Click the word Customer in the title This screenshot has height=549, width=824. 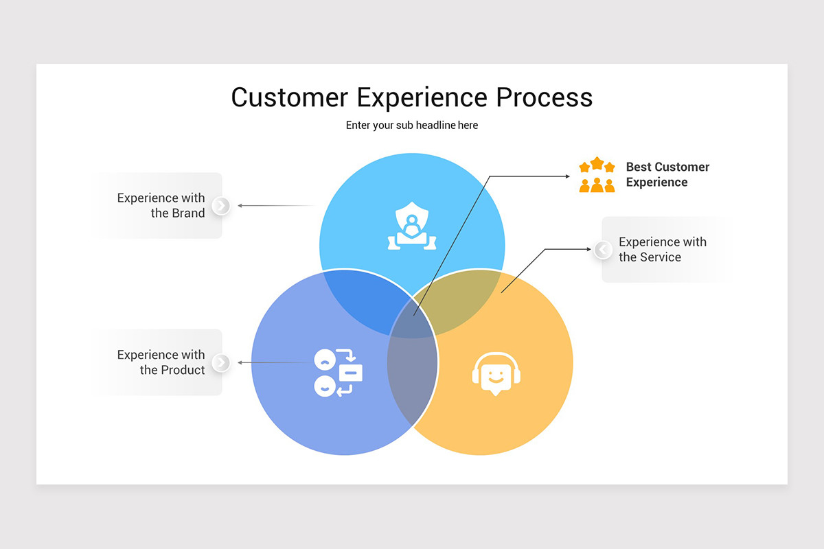[290, 97]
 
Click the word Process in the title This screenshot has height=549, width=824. [545, 97]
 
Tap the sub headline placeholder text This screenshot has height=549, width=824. [412, 126]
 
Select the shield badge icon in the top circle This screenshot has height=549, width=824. [411, 226]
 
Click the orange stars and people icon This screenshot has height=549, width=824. [597, 175]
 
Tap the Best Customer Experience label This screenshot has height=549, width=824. [667, 174]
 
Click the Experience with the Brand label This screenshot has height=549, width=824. [161, 205]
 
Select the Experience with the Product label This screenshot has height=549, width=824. [161, 362]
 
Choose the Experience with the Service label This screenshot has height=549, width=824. [662, 249]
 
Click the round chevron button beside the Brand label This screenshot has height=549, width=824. [221, 205]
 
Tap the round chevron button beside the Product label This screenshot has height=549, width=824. [221, 362]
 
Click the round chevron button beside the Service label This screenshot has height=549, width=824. [603, 250]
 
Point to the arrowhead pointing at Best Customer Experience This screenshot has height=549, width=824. [567, 176]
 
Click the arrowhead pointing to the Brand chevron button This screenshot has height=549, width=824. [240, 205]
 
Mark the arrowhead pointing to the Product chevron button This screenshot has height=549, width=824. [240, 362]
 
